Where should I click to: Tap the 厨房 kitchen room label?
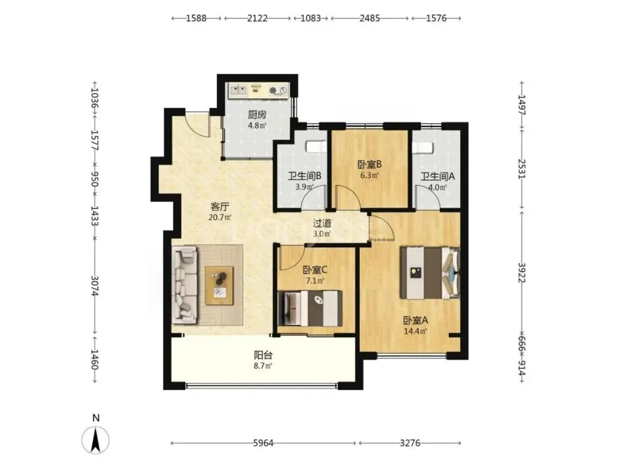click(x=257, y=115)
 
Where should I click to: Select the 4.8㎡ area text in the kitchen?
click(x=257, y=126)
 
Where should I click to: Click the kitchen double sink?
click(x=238, y=91)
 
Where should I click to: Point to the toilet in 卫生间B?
click(x=316, y=147)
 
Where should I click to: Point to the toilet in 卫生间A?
click(x=422, y=147)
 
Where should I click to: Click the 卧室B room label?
click(x=370, y=164)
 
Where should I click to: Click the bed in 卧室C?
click(x=310, y=309)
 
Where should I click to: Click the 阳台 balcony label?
click(x=263, y=356)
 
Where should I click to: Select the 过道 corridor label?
click(x=322, y=223)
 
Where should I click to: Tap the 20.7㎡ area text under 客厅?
click(x=220, y=217)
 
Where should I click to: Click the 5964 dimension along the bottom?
click(x=263, y=443)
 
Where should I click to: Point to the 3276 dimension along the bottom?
click(x=410, y=443)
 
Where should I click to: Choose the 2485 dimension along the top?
click(x=370, y=18)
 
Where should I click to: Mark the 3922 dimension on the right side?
click(x=522, y=272)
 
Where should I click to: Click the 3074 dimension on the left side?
click(x=95, y=285)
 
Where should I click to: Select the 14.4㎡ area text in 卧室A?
click(x=416, y=332)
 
